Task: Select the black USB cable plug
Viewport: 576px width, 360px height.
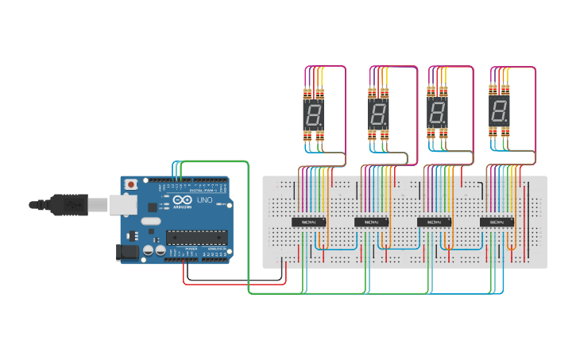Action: coord(72,204)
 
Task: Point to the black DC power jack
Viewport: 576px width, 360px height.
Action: coord(126,253)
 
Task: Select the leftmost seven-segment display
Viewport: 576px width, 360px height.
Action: coord(313,116)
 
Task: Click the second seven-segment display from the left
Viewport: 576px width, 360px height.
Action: coord(378,116)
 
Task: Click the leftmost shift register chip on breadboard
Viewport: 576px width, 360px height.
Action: coord(309,222)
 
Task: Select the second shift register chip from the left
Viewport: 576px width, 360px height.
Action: coord(371,222)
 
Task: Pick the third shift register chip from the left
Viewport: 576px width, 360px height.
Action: coord(434,222)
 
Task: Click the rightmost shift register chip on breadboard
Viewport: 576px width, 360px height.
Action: coord(497,222)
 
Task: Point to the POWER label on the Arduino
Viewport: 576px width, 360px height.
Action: coord(191,249)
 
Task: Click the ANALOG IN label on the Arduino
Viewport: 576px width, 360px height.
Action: coord(215,249)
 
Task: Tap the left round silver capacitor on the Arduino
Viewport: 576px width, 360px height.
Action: coord(149,250)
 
